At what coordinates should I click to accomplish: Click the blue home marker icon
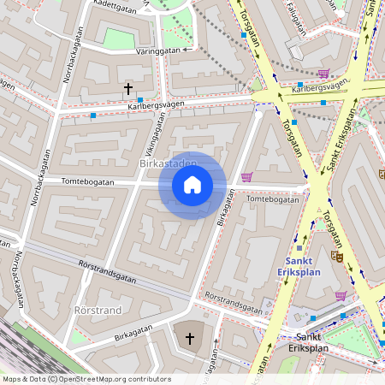[192, 185]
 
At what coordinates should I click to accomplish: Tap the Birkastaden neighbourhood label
[167, 163]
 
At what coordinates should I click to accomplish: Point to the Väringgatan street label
[157, 51]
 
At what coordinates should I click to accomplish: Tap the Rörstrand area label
[98, 310]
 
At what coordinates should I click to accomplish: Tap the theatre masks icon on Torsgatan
[338, 254]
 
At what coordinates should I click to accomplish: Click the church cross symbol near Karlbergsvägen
[128, 88]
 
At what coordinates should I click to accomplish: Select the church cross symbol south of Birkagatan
[190, 339]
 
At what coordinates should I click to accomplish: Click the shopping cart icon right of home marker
[246, 177]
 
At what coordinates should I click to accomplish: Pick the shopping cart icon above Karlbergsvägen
[323, 74]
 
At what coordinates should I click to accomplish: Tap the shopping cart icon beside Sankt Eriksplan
[341, 296]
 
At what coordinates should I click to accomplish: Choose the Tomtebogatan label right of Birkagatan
[272, 199]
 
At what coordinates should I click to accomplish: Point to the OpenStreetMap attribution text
[86, 379]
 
